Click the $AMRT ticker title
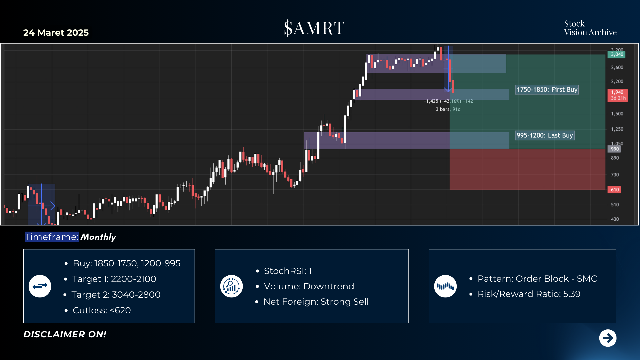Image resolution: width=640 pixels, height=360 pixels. coord(314,28)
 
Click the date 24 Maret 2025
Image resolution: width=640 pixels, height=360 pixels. coord(56,33)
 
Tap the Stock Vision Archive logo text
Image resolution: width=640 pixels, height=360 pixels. coord(590,28)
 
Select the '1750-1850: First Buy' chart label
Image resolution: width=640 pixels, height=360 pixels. coord(547,90)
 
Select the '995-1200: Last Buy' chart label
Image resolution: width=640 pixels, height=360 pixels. coord(545,135)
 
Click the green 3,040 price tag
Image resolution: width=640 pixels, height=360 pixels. coord(617,54)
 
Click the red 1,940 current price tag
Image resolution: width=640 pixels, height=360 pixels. coord(617,95)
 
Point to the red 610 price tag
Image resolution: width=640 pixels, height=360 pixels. coord(615,190)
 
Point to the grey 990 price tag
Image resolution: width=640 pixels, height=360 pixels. coord(614,149)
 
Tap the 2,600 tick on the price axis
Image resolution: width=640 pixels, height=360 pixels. coord(617,67)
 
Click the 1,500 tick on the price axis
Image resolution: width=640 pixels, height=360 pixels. coord(617,114)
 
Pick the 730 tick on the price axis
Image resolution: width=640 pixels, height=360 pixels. coord(615,175)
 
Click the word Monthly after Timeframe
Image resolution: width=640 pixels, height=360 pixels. coord(98,237)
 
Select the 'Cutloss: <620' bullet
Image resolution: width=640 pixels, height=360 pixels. coord(102,310)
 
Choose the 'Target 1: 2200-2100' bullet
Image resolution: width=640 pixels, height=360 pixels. coord(114,279)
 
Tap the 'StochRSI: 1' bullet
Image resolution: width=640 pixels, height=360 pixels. coord(288,271)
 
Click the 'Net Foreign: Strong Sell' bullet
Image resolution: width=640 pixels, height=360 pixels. coord(316,302)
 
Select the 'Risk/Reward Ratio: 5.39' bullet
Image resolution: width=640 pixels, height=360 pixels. coord(529,294)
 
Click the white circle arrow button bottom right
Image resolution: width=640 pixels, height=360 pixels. coord(608,338)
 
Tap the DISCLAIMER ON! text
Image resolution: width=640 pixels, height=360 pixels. coord(65,334)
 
